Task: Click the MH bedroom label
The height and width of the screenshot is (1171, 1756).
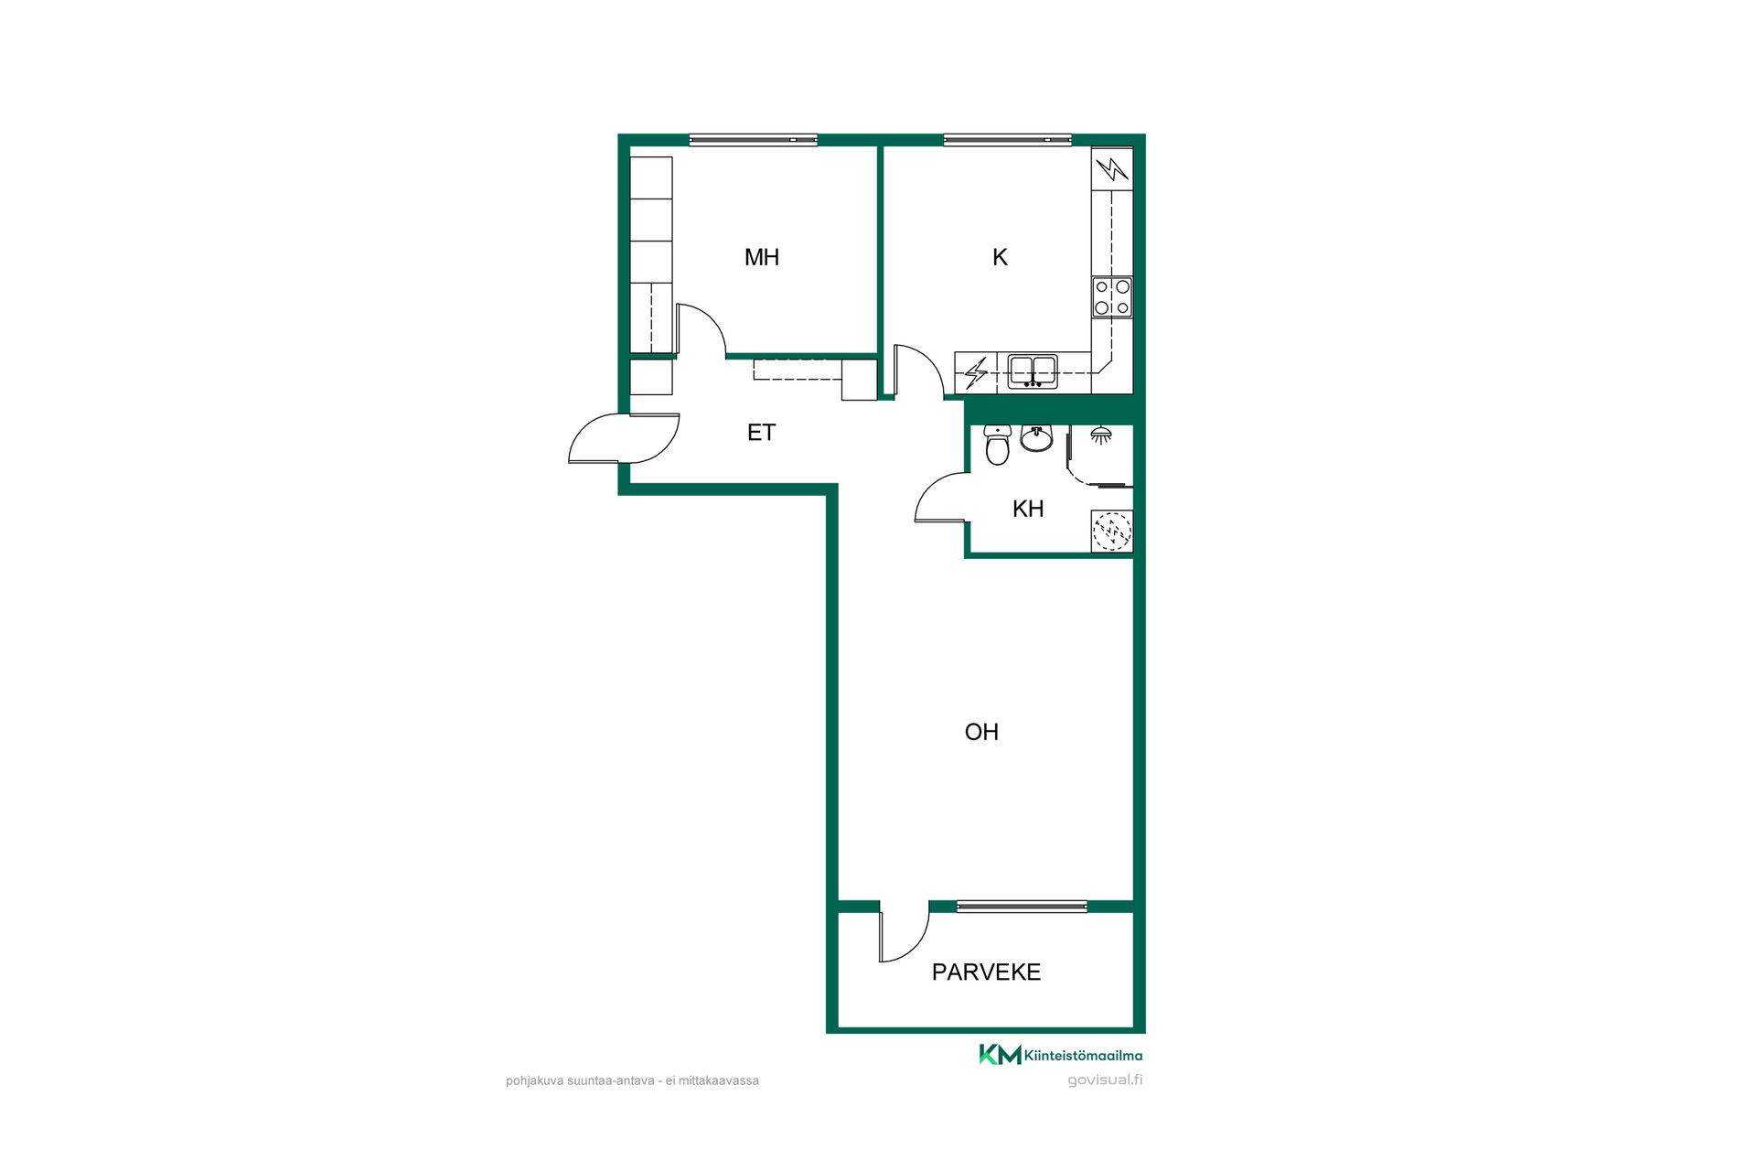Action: pyautogui.click(x=762, y=257)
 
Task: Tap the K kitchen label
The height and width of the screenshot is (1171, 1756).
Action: pyautogui.click(x=1000, y=257)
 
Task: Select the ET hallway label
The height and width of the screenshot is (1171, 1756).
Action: pyautogui.click(x=761, y=433)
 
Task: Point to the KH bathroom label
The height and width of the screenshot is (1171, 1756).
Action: pyautogui.click(x=1028, y=509)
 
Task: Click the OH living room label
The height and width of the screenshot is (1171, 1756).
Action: pyautogui.click(x=981, y=732)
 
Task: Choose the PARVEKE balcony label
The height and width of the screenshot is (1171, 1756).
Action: pyautogui.click(x=986, y=972)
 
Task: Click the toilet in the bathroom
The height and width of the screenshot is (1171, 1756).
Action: pyautogui.click(x=997, y=445)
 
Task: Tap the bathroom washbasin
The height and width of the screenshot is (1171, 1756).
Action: pyautogui.click(x=1036, y=438)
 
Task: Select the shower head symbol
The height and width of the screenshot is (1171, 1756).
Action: pyautogui.click(x=1101, y=435)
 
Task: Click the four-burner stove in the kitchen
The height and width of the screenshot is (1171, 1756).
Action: pyautogui.click(x=1112, y=297)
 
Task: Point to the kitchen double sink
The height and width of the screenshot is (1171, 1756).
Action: pyautogui.click(x=1033, y=371)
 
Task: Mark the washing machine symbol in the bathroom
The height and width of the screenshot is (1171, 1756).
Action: pyautogui.click(x=1112, y=531)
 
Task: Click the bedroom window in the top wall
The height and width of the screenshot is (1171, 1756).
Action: pyautogui.click(x=753, y=140)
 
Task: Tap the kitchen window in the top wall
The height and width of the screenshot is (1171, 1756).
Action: pyautogui.click(x=1007, y=140)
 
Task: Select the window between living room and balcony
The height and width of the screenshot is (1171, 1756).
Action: pyautogui.click(x=1022, y=907)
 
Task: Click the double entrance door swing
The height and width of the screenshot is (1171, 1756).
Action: pyautogui.click(x=624, y=439)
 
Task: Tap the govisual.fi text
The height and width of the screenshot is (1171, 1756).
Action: pyautogui.click(x=1105, y=1080)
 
